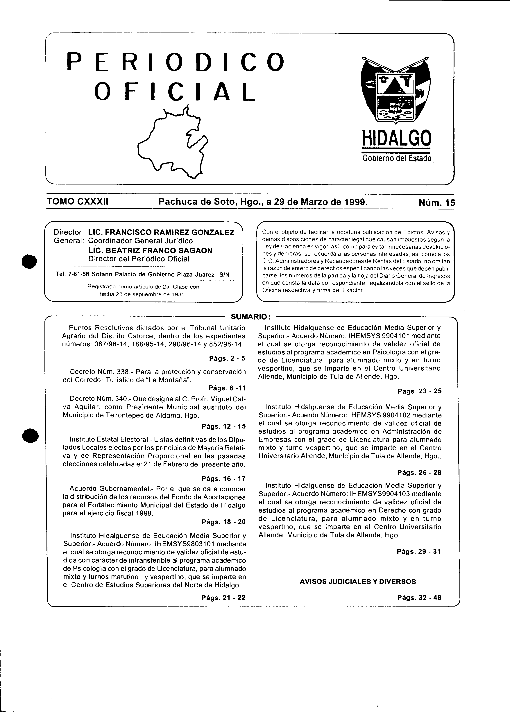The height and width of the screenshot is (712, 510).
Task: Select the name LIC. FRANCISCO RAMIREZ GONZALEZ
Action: (x=161, y=232)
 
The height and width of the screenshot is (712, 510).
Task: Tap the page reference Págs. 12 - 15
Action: (x=224, y=426)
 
